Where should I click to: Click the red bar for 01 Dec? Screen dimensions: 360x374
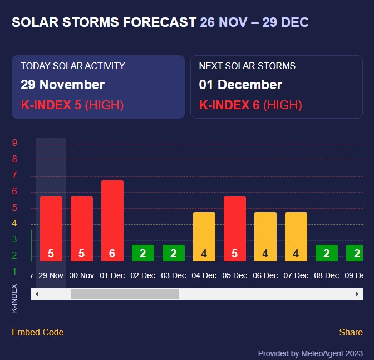pos(112,220)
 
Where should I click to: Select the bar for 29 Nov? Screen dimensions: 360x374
pos(51,228)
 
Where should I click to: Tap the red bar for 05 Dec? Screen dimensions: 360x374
pos(235,228)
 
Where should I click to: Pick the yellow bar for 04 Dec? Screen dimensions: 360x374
pos(204,236)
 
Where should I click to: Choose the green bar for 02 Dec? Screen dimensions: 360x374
pos(143,253)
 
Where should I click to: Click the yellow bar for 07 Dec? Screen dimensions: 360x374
pos(296,236)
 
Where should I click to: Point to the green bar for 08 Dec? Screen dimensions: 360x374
pos(327,253)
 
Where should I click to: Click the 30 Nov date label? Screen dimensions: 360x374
pos(82,275)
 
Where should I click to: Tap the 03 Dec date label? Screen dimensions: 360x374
pos(174,275)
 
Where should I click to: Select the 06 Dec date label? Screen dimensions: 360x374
pos(265,275)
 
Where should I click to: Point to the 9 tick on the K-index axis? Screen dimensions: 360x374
pos(14,143)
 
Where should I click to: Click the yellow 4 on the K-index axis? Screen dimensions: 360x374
pos(14,223)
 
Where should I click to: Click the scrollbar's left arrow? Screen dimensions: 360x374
pos(37,294)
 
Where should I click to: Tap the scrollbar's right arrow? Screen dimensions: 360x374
pos(357,294)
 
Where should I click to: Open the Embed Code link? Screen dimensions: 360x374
pos(38,332)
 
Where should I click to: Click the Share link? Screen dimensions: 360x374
pos(351,332)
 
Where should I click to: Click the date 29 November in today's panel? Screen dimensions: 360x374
pos(62,85)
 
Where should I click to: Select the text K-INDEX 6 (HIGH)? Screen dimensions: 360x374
pos(250,105)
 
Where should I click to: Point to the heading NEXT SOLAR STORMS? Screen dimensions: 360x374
pos(247,66)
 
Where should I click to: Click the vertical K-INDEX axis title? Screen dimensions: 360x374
pos(14,298)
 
